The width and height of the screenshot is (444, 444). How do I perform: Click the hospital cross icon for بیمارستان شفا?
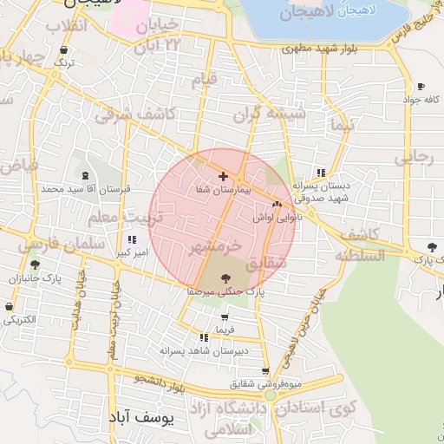[224, 176]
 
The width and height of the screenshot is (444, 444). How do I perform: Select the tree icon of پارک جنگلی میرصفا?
[226, 279]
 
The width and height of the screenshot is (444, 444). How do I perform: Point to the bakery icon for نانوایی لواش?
[277, 205]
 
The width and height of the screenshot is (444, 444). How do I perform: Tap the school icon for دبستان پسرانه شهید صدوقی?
[322, 173]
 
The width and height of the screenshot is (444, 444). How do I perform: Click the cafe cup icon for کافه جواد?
[421, 87]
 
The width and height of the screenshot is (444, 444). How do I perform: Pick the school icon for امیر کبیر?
[132, 239]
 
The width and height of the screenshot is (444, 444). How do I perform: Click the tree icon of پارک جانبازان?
[35, 265]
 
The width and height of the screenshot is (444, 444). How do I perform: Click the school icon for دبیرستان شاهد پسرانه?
[204, 337]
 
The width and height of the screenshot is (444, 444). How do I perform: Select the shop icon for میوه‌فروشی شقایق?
[265, 371]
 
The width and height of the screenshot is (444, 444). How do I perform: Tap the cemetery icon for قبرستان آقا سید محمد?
[83, 176]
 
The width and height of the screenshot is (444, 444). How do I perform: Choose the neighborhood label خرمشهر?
[222, 248]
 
